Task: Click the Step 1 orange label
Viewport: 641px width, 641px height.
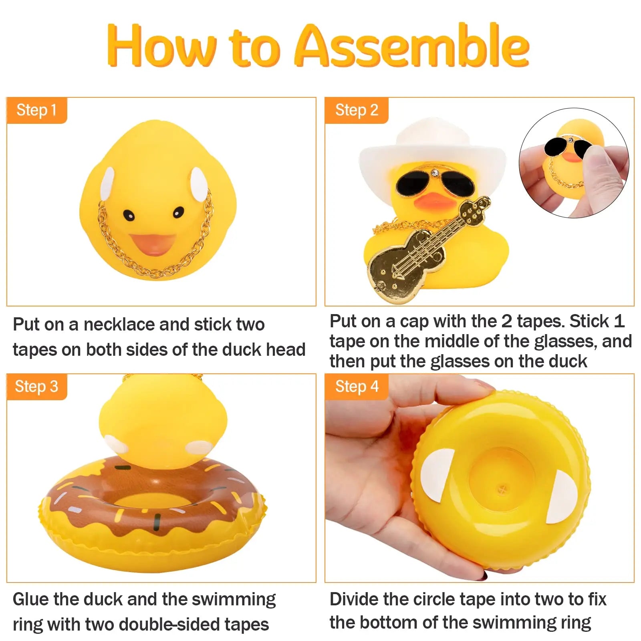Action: coord(36,110)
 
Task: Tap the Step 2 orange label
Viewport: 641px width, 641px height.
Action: coord(357,110)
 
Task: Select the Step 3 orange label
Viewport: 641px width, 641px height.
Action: coord(36,387)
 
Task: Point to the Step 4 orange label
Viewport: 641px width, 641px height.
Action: coord(357,387)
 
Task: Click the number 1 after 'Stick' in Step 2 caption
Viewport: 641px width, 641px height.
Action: coord(619,321)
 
